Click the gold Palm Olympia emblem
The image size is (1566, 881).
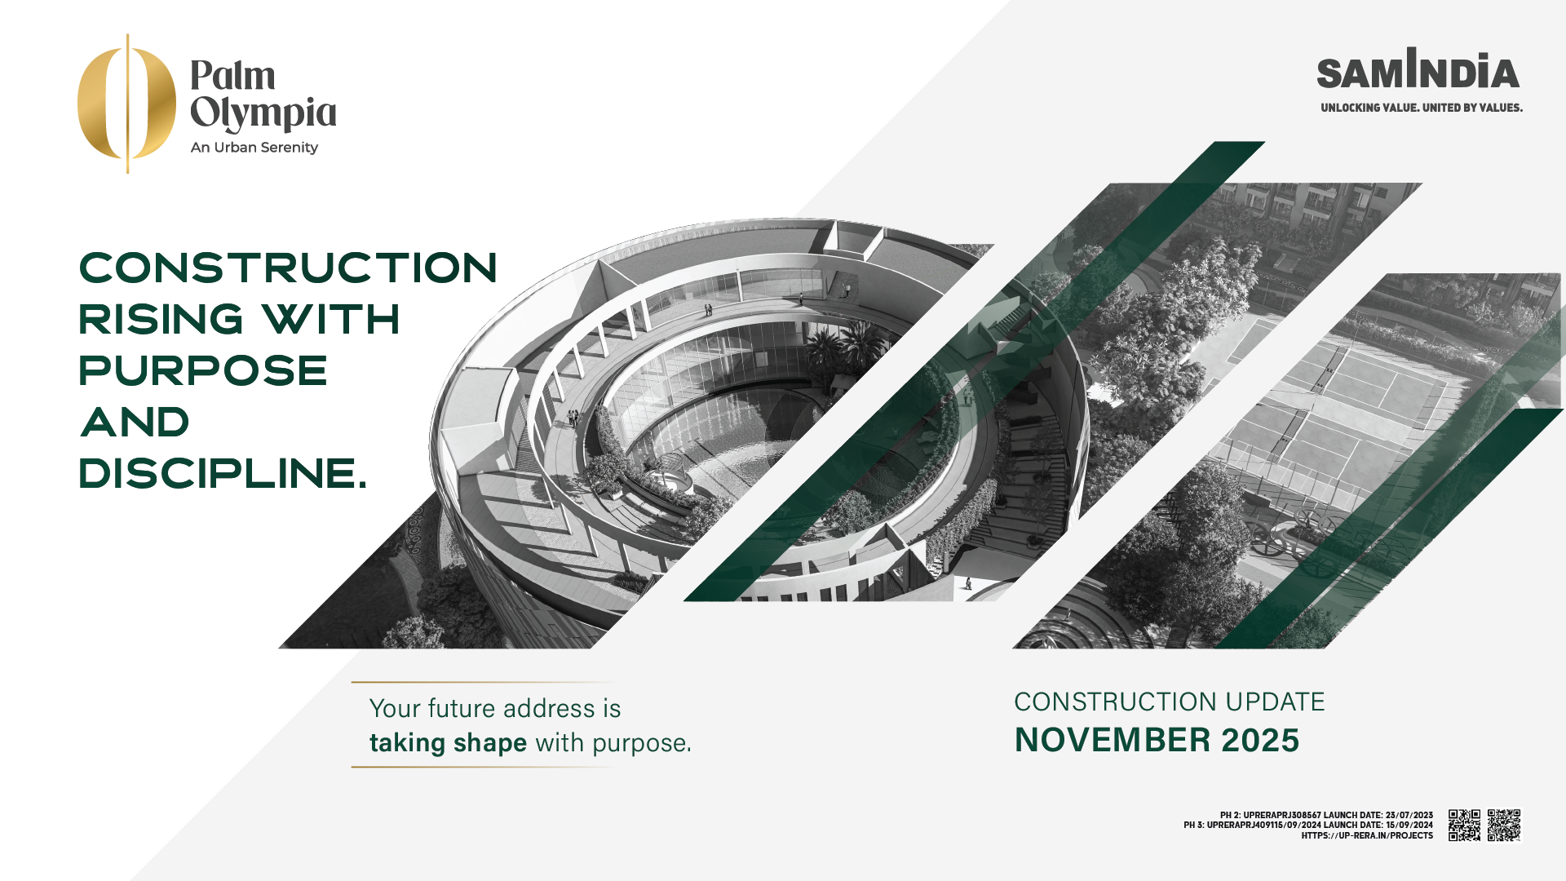(126, 104)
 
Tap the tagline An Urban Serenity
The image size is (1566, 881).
(254, 148)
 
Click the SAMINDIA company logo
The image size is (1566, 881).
(1418, 69)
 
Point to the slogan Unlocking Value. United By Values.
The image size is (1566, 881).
(1422, 108)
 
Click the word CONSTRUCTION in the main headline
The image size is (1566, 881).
(288, 268)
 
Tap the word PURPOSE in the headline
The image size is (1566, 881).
(203, 370)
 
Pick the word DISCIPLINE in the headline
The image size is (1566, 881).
(217, 473)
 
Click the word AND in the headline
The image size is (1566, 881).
(135, 422)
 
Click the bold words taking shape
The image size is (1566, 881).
(448, 743)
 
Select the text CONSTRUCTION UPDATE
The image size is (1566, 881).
(1169, 702)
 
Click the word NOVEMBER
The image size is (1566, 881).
(1113, 740)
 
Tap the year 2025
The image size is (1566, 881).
(1260, 740)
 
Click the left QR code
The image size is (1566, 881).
(1464, 825)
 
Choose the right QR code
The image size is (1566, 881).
(1504, 825)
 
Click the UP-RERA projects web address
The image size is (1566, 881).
(1367, 835)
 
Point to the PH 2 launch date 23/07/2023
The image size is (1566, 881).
(1409, 815)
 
